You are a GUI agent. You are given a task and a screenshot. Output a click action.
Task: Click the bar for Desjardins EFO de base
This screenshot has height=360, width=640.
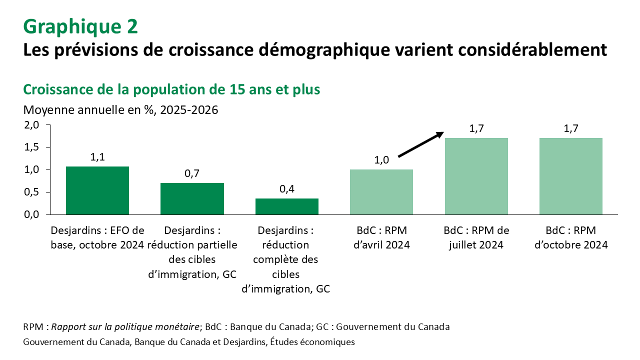97,190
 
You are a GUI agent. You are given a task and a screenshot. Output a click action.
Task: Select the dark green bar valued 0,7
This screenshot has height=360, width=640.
192,198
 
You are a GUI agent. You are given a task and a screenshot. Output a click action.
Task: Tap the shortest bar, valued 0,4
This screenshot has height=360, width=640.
286,206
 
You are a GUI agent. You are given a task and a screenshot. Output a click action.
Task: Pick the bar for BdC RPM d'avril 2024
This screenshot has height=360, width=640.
381,192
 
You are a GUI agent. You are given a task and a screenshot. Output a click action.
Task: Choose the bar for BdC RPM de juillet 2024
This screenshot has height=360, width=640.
476,176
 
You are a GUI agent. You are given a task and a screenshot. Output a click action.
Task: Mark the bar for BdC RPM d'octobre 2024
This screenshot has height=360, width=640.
570,176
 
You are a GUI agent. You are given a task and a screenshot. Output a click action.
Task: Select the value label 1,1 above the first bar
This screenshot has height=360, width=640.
97,157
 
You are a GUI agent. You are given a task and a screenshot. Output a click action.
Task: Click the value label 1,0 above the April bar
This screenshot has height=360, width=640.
381,160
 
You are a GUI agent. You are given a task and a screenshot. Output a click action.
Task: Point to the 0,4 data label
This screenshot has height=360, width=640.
286,189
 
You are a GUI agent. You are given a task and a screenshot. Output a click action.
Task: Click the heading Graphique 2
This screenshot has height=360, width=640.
80,26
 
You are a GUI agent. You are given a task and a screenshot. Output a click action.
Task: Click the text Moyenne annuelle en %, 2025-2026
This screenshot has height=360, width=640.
120,109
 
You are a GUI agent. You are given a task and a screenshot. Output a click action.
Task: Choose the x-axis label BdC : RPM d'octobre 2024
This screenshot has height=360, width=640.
570,237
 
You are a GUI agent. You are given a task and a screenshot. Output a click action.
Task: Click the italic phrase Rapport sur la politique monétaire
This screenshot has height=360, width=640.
125,327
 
